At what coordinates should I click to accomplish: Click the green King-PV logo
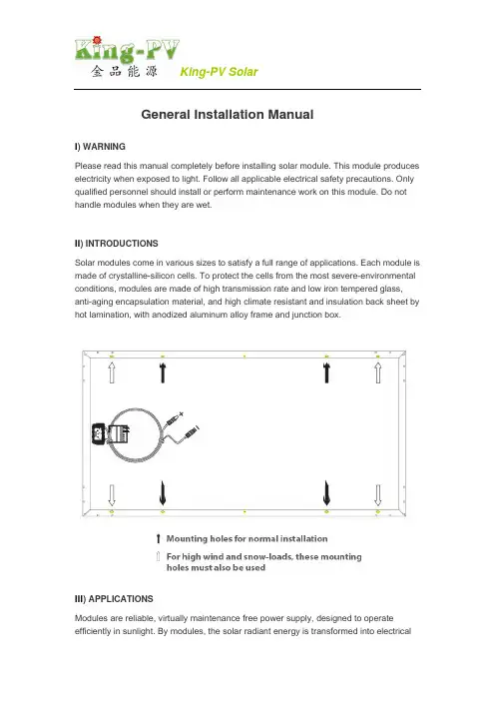[x=128, y=49]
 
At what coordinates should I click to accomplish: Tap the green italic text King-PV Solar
[x=219, y=72]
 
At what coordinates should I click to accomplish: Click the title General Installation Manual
[x=227, y=115]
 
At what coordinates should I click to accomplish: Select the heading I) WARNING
[x=100, y=147]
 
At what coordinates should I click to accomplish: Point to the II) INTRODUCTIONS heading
[x=116, y=244]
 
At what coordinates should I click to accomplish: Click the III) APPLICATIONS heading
[x=114, y=599]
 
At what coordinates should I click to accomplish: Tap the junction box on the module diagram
[x=111, y=433]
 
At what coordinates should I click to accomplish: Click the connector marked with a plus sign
[x=175, y=419]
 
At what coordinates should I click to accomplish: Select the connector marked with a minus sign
[x=192, y=432]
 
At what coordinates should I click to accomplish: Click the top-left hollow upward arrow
[x=112, y=372]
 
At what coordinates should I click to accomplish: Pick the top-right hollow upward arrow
[x=378, y=372]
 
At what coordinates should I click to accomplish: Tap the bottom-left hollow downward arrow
[x=112, y=495]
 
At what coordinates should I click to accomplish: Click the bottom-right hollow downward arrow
[x=378, y=495]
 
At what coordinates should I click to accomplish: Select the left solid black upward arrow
[x=163, y=372]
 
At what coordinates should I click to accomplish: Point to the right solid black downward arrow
[x=326, y=493]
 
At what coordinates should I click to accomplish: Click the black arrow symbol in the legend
[x=158, y=538]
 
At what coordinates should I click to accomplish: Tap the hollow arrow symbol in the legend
[x=158, y=556]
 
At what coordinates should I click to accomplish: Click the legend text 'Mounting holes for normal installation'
[x=247, y=538]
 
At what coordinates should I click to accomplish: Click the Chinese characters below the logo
[x=124, y=71]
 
